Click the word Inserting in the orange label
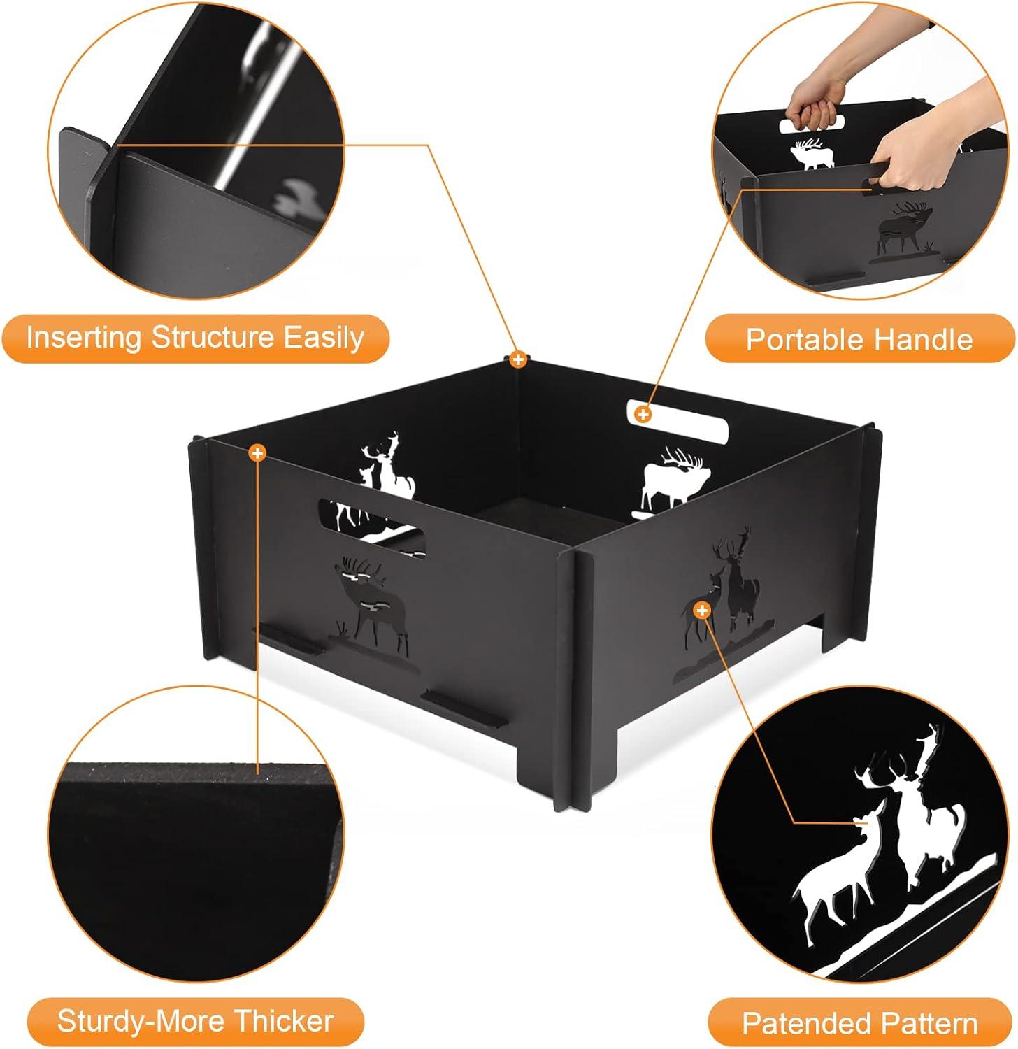[x=85, y=338]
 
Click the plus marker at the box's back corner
[x=517, y=360]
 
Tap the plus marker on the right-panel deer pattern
[x=702, y=611]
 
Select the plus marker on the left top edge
[x=258, y=453]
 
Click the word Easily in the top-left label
[x=323, y=338]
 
